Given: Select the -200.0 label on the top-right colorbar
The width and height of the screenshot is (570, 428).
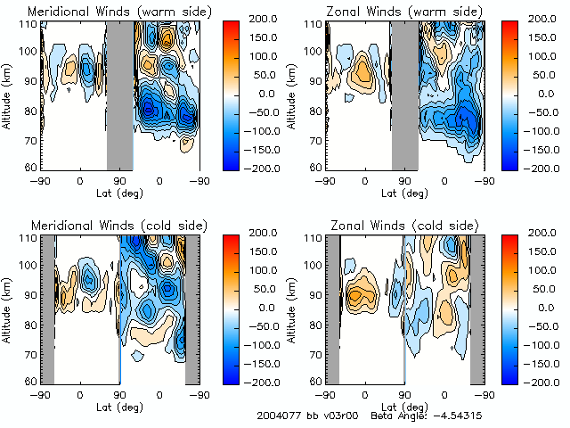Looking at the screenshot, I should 549,169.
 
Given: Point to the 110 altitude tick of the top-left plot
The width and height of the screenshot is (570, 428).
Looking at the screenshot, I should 30,24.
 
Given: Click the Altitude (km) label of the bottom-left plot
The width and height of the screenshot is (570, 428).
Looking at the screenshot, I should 8,308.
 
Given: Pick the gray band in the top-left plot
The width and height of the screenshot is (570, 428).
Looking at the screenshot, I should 120,94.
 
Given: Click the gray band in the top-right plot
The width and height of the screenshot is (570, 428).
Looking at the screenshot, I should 404,94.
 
